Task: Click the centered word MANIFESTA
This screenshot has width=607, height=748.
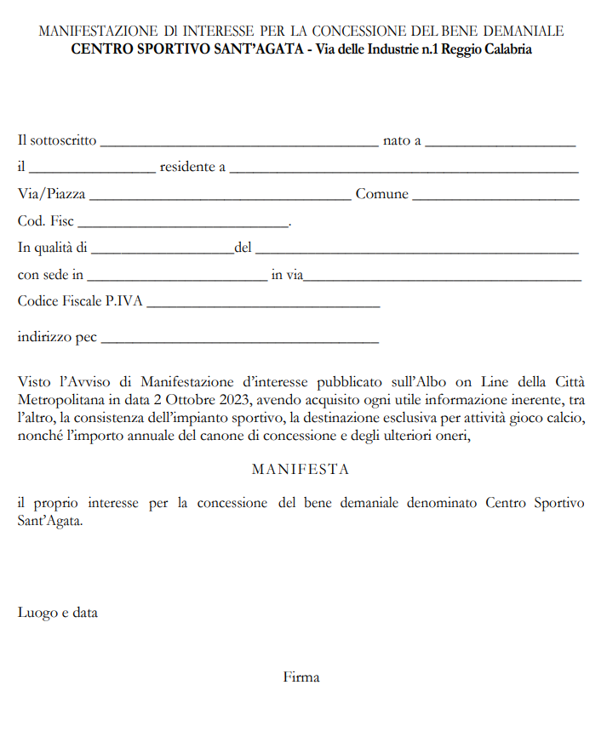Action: point(301,469)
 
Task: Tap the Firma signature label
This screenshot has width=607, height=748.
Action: point(301,677)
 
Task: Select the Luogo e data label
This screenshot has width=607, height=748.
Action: point(58,612)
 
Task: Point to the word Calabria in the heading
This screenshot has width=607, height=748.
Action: point(506,49)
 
